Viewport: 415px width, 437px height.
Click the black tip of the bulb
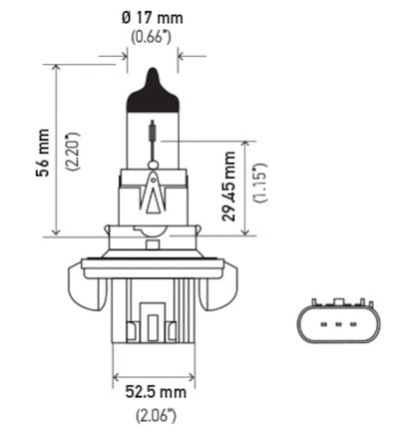(152, 80)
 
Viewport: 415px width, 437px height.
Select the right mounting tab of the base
(220, 289)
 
